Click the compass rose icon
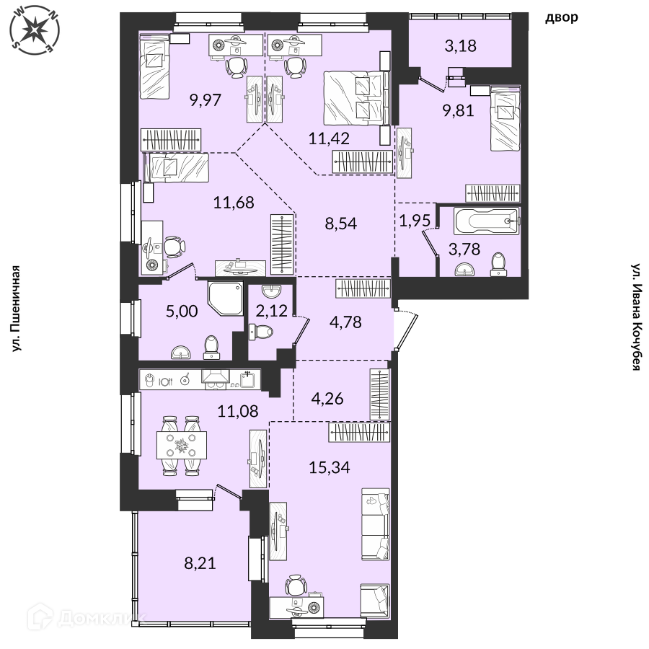coord(35,30)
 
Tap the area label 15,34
coord(330,467)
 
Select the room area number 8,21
coord(200,563)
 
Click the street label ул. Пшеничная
coord(15,309)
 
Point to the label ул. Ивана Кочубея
coord(636,317)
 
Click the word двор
coord(561,17)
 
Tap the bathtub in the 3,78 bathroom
coord(487,221)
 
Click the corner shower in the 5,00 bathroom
coord(226,299)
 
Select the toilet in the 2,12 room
coord(261,332)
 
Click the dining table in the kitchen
coord(182,445)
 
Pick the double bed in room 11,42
coord(357,97)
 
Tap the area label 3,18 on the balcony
coord(460,45)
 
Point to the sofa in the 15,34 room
coord(375,524)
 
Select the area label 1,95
coord(415,221)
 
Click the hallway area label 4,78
coord(345,322)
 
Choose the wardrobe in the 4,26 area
coord(379,394)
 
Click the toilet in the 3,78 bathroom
coord(499,265)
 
